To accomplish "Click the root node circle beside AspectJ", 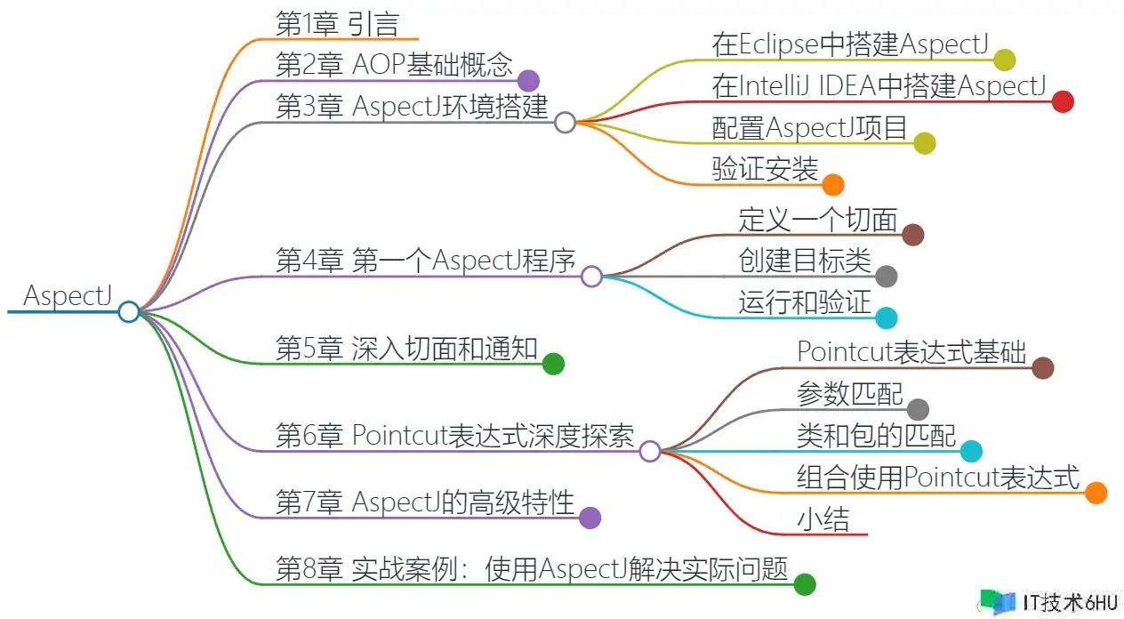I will coord(129,311).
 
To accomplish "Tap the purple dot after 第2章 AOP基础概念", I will coord(528,81).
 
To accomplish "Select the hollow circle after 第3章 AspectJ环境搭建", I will coord(565,122).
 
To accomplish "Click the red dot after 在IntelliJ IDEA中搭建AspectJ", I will coord(1063,101).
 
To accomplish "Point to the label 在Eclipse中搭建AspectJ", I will coord(851,44).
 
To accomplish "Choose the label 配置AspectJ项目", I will coord(809,127).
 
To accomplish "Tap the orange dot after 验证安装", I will coord(833,185).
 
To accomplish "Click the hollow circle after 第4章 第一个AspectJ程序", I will coord(592,277).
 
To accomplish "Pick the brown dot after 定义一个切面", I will coord(912,235).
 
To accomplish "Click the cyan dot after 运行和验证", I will coord(887,318).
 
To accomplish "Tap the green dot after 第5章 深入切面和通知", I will coord(553,364).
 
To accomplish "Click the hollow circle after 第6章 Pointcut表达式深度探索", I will coord(650,451).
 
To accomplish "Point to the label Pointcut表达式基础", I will coord(911,351).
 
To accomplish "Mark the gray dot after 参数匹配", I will coord(918,409).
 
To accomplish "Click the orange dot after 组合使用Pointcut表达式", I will coord(1096,493).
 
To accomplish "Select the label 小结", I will coord(823,519).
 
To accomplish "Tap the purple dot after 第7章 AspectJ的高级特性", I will coord(590,518).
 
